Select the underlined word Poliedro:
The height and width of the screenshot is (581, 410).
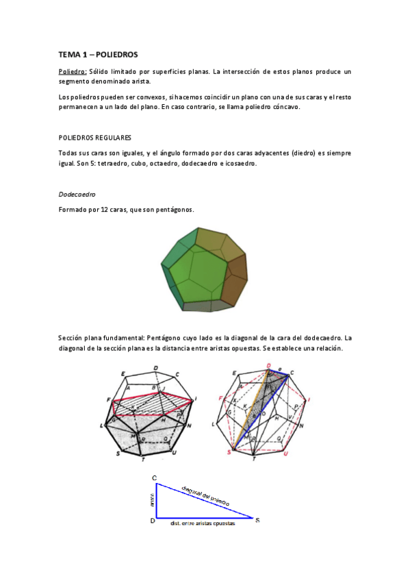[x=73, y=71]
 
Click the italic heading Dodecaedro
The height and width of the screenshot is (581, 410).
[x=77, y=194]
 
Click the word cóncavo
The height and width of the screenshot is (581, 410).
[x=283, y=108]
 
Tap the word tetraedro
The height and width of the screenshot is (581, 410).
[x=104, y=163]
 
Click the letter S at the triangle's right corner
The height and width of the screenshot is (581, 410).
[x=257, y=521]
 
